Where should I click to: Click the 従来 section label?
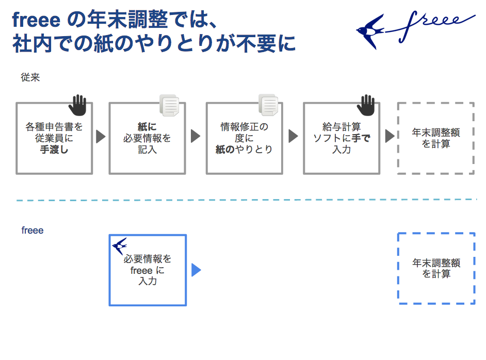(x=30, y=78)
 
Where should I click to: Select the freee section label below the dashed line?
(x=33, y=231)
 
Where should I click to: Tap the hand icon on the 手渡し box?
(x=77, y=105)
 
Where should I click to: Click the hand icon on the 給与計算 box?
(x=366, y=105)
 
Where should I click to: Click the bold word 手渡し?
(x=54, y=150)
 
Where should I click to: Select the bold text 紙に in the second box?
(x=147, y=127)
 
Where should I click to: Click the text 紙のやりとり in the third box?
(x=244, y=150)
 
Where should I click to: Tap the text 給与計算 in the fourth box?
(x=342, y=127)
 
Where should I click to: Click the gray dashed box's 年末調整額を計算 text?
(x=436, y=138)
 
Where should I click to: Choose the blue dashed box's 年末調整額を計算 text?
(x=436, y=268)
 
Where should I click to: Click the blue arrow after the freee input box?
(x=196, y=270)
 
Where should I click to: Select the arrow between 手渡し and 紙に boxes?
(x=101, y=137)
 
